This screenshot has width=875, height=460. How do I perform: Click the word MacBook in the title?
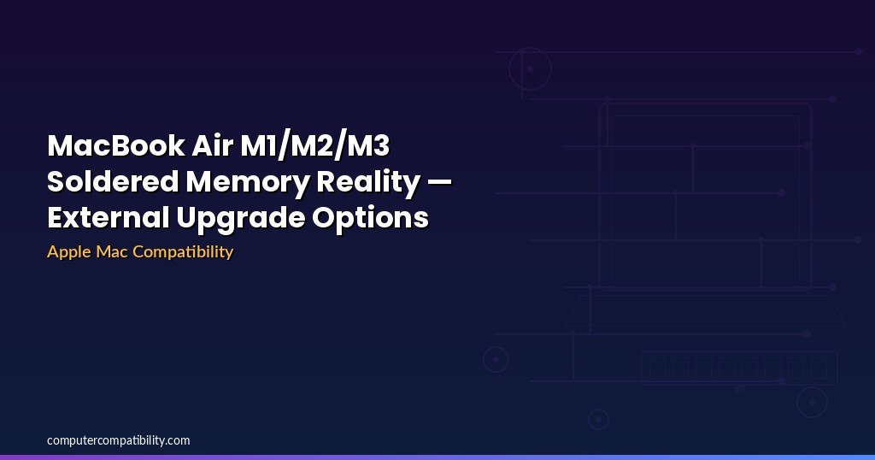[x=116, y=145]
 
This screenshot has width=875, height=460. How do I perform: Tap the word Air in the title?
[x=213, y=145]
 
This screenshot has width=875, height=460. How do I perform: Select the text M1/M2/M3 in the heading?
[x=314, y=145]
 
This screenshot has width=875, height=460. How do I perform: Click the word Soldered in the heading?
[x=113, y=181]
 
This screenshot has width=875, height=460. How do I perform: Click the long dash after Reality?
[x=439, y=182]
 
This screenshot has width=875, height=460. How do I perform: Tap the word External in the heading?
[x=109, y=217]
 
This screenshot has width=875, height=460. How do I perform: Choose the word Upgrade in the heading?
[x=240, y=218]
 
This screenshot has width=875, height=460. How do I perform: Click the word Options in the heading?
[x=370, y=218]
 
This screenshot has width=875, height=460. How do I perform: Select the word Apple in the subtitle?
[x=68, y=251]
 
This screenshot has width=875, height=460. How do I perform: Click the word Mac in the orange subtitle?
[x=111, y=251]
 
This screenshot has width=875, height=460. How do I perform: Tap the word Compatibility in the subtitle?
[x=183, y=251]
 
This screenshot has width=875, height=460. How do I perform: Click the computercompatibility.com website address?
[x=118, y=440]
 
